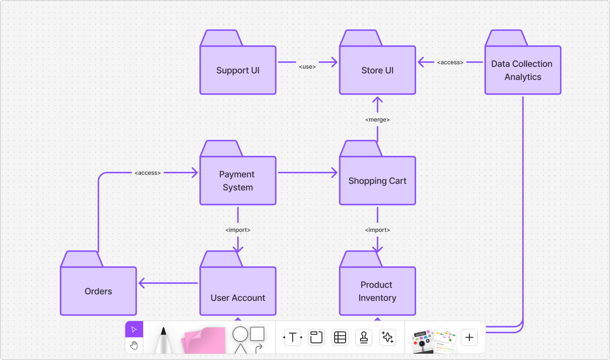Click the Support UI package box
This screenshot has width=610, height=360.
pos(238,70)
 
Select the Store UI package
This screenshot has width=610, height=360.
pos(377,70)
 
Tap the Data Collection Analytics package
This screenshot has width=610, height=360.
pos(522,70)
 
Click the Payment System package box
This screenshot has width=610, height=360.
pos(238,180)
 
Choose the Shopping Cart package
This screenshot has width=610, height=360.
pos(377,180)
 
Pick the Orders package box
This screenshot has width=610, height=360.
pos(98,291)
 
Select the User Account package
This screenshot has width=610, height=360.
pos(238,291)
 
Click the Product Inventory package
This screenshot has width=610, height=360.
pos(377,291)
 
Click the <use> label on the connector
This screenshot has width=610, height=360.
pos(307,67)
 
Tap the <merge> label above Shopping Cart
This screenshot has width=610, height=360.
pos(377,120)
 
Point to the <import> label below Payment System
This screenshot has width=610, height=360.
pos(238,230)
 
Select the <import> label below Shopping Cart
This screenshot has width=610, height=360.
pos(377,230)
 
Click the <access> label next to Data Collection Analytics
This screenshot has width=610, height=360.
pos(450,62)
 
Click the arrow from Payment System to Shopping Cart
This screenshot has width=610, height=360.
pos(307,172)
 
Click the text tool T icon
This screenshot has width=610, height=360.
pos(292,338)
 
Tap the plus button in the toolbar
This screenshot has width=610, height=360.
pos(469,338)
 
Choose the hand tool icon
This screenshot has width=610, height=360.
pos(134,346)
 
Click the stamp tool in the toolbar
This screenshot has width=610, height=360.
pos(363,338)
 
